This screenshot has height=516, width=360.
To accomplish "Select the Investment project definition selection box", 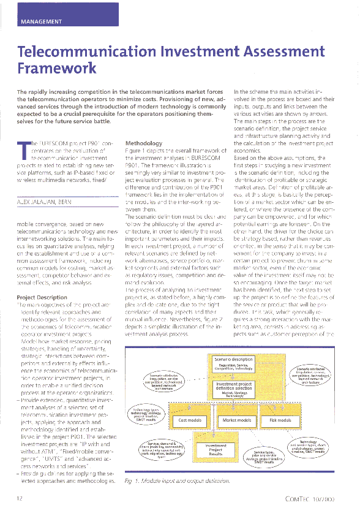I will (234, 389).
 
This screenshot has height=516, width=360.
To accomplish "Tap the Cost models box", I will (190, 420).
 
